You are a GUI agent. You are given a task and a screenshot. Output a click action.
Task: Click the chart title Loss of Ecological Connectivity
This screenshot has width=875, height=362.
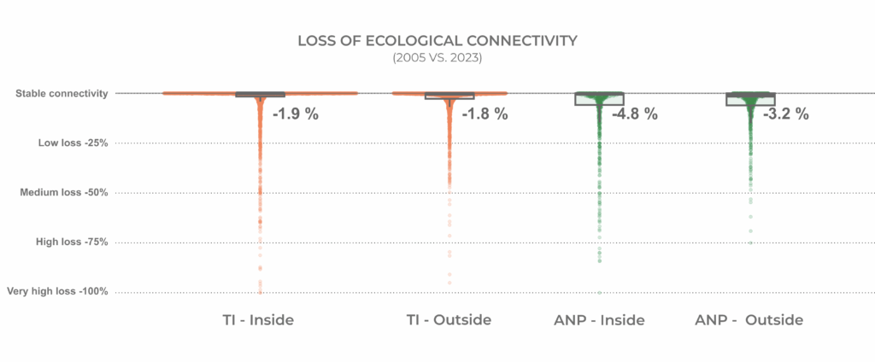tap(437, 41)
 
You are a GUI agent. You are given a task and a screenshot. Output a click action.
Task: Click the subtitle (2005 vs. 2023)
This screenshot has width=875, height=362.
tap(437, 58)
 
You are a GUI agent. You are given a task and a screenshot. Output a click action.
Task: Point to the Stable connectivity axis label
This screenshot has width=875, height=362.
tap(62, 93)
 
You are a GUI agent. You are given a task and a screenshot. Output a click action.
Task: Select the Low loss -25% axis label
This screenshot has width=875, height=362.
tap(73, 143)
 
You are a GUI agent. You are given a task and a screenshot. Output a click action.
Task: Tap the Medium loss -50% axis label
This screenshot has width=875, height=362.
tap(64, 193)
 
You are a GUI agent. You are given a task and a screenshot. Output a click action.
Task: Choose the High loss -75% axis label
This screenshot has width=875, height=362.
tap(72, 242)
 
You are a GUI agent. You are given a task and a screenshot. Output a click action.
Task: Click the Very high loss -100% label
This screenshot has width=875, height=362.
tap(57, 292)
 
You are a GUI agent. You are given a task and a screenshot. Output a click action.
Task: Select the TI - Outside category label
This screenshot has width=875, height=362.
tap(449, 320)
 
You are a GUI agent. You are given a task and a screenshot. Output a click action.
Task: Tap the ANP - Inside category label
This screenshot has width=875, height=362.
tap(599, 320)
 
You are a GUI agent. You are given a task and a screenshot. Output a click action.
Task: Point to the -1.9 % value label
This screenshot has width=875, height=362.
tap(295, 114)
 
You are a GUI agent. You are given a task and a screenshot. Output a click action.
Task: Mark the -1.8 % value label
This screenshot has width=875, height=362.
tap(484, 114)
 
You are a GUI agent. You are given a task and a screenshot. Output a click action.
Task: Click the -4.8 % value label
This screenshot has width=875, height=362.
tap(635, 114)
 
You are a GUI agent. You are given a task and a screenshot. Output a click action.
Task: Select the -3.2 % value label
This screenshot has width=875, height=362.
tap(785, 114)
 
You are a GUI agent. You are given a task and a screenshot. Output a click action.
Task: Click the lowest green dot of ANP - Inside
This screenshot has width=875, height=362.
tap(599, 292)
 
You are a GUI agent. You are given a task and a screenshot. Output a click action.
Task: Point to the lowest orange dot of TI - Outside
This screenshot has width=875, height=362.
tap(449, 283)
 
